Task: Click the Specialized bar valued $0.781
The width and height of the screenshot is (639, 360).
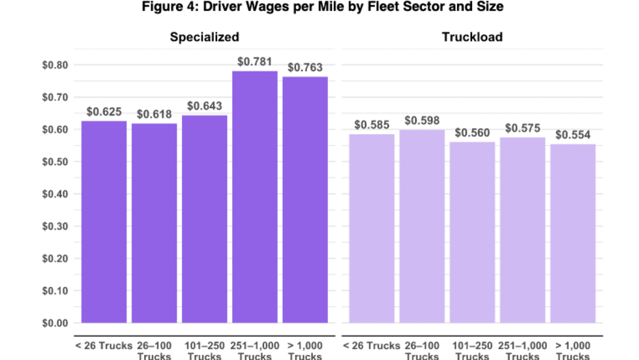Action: tap(255, 196)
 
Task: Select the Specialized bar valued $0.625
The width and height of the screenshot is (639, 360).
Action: tap(104, 222)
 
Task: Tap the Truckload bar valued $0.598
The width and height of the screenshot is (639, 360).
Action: tap(422, 226)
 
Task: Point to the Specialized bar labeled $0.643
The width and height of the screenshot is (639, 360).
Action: tap(205, 218)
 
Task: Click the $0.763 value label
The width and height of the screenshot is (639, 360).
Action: tap(305, 67)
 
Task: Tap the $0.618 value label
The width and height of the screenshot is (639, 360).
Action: tap(155, 114)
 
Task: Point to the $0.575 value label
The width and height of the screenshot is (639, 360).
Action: tap(523, 128)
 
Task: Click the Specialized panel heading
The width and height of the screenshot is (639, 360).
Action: tap(205, 37)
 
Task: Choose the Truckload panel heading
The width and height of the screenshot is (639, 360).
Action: tap(472, 37)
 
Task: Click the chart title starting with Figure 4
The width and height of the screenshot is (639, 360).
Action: tap(319, 8)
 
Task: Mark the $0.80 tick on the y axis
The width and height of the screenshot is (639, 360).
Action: tap(55, 65)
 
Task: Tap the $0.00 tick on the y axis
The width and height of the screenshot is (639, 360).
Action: tap(55, 323)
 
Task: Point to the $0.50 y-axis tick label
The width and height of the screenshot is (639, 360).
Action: tap(55, 162)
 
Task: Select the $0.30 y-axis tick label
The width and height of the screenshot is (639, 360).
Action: tap(55, 226)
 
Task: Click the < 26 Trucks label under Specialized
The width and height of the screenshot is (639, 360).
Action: tap(104, 346)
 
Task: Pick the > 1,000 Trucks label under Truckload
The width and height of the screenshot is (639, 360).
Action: tap(573, 351)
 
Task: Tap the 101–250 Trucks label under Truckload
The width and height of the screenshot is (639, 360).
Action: tap(472, 351)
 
